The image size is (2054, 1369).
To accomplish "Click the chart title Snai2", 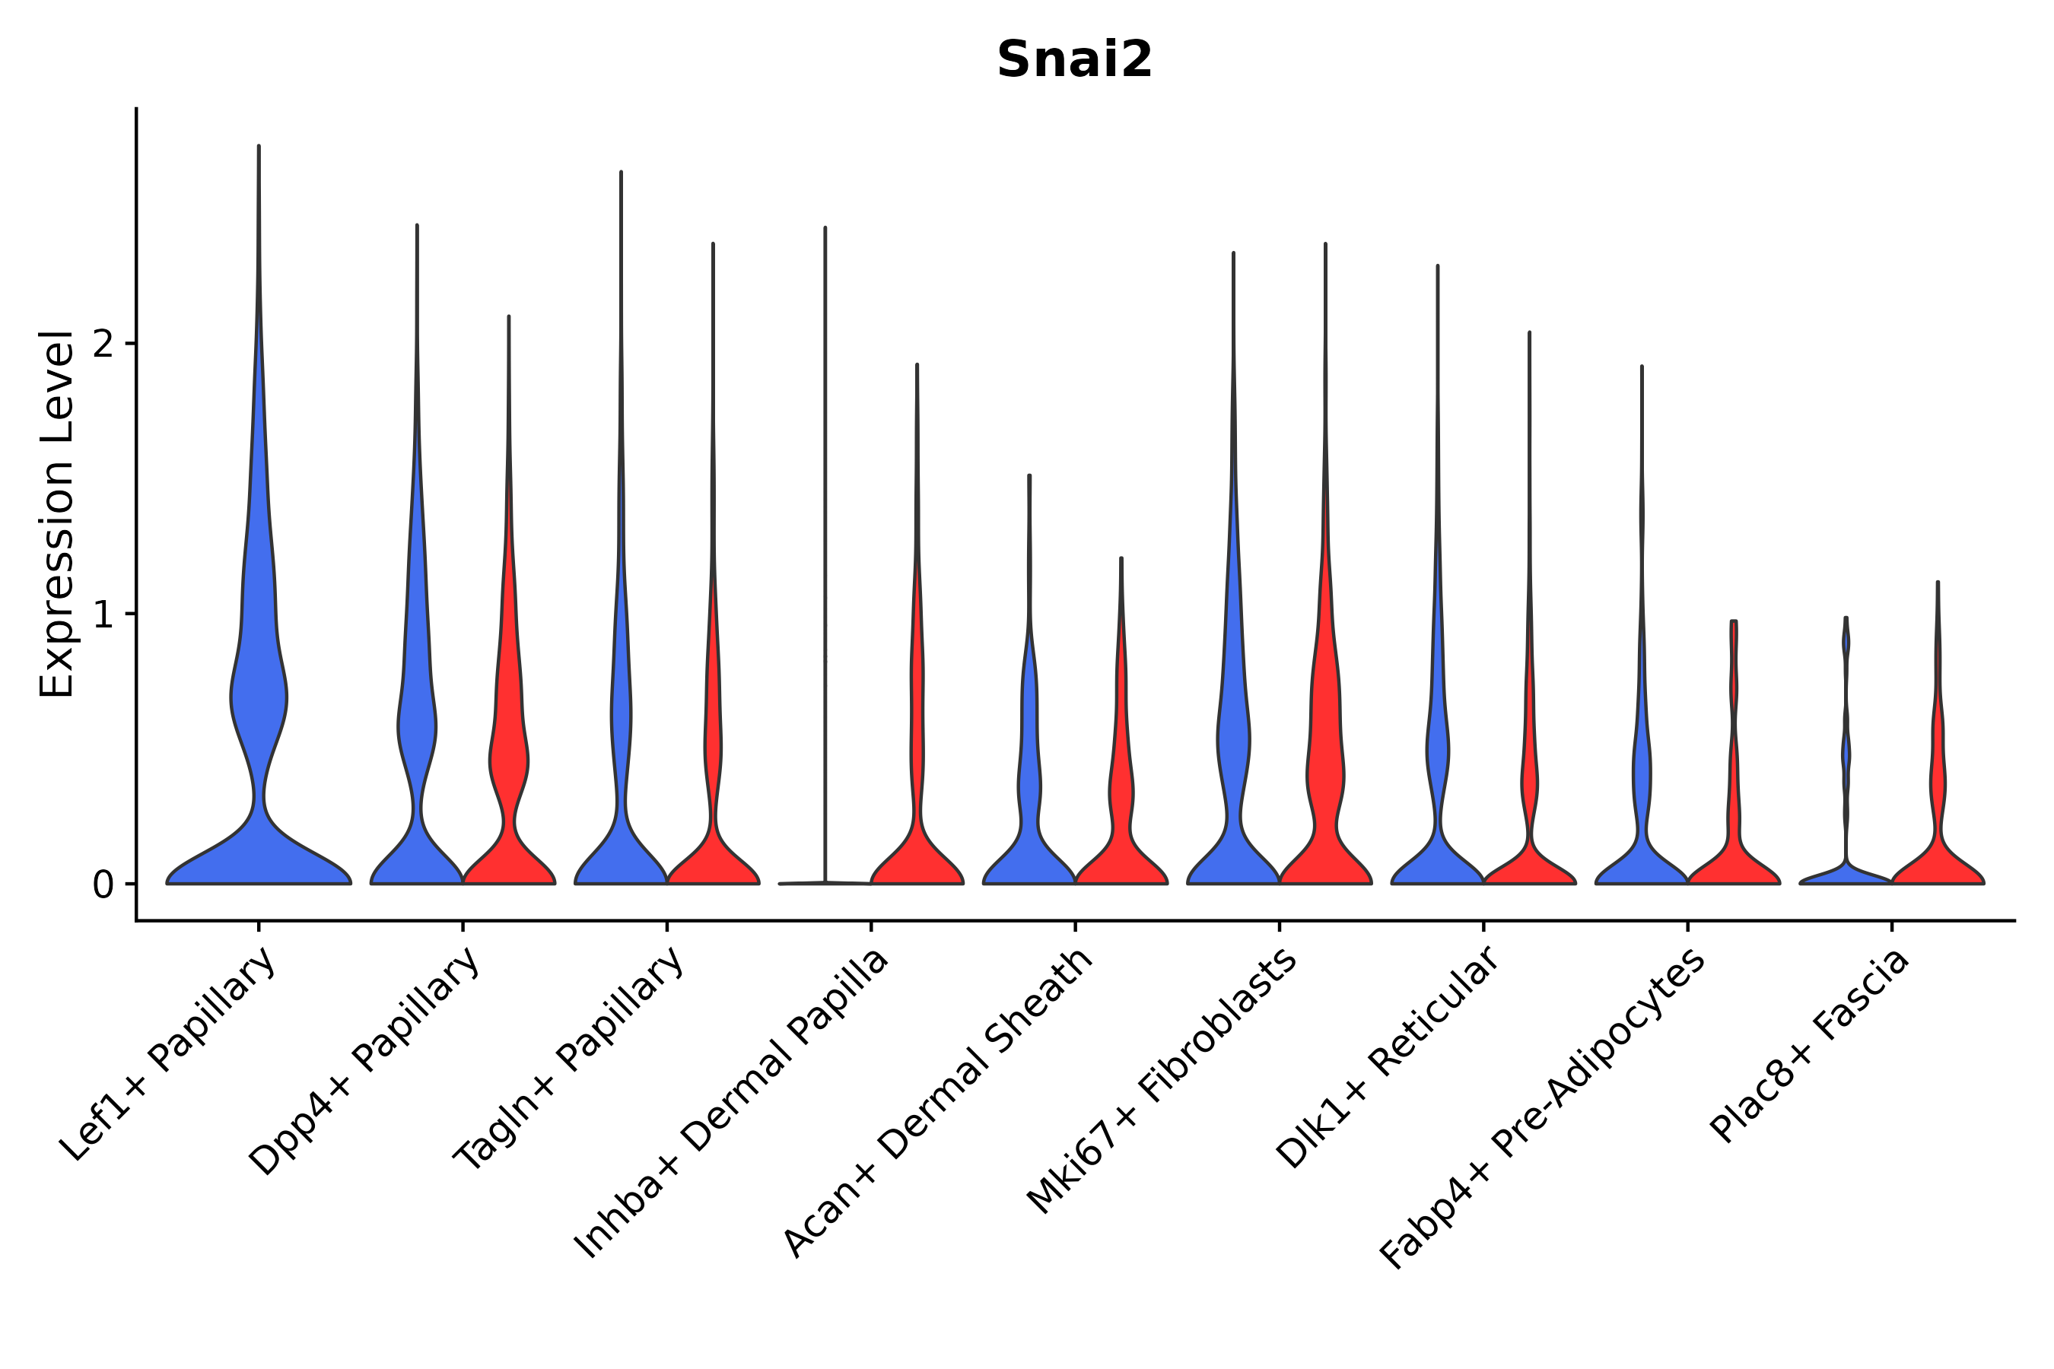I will coord(1074,60).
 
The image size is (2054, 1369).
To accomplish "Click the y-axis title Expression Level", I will coord(57,513).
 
